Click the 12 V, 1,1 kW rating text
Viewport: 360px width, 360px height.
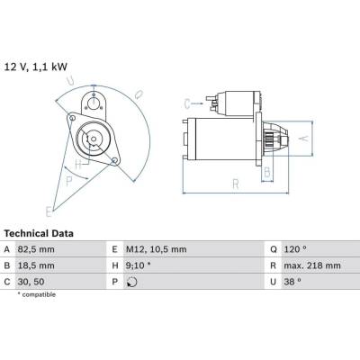[35, 67]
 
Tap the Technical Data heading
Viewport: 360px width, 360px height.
[39, 233]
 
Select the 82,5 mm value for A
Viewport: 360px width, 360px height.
[36, 249]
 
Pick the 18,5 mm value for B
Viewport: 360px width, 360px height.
[36, 265]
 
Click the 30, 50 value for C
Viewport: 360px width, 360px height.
[31, 282]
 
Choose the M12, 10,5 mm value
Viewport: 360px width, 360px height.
[157, 249]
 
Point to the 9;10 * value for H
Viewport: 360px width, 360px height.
[139, 265]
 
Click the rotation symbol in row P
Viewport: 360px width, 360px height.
[132, 282]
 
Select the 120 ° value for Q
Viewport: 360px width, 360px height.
[295, 249]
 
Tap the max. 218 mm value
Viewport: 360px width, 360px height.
[312, 265]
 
